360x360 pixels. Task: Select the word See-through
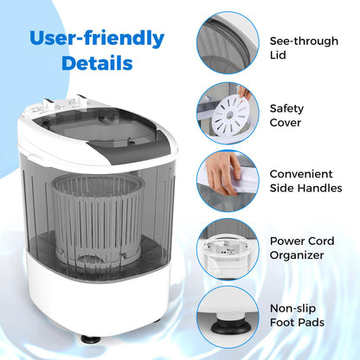click(x=303, y=40)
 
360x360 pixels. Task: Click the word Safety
click(x=286, y=107)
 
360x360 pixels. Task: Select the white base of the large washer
click(x=97, y=294)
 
